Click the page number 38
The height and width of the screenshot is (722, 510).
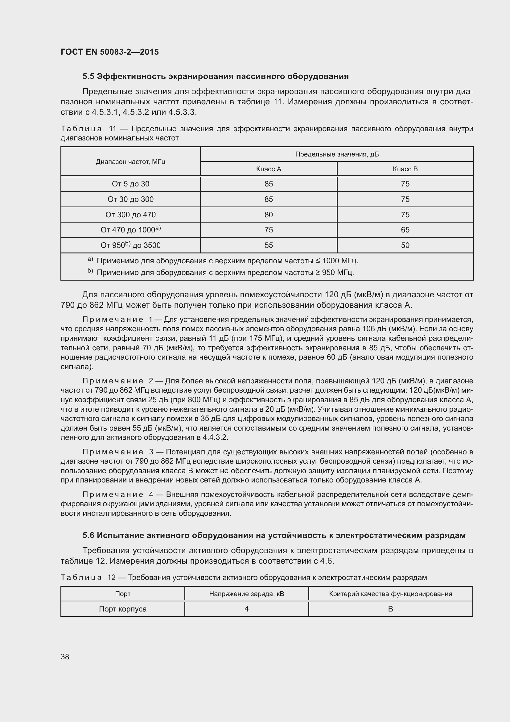click(65, 657)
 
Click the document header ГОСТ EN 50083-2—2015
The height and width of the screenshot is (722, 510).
click(109, 52)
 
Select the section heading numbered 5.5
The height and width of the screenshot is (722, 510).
click(216, 77)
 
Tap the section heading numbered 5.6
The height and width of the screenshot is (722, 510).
click(274, 535)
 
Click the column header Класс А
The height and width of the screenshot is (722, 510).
click(269, 169)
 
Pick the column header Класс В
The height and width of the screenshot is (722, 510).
click(405, 169)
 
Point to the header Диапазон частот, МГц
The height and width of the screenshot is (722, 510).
click(130, 162)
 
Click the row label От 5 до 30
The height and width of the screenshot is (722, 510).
click(130, 184)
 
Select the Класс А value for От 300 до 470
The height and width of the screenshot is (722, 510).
click(269, 215)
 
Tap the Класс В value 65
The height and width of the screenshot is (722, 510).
click(405, 230)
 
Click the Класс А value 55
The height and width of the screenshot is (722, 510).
click(269, 245)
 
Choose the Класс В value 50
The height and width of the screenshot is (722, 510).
click(405, 245)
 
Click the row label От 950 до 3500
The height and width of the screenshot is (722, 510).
click(130, 245)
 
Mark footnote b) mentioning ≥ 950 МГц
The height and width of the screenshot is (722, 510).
click(225, 272)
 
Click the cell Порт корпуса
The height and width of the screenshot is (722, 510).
click(123, 609)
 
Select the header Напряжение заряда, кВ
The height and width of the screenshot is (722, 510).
click(247, 594)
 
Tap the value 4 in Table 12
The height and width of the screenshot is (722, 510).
click(247, 609)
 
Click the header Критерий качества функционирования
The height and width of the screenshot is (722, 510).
click(390, 594)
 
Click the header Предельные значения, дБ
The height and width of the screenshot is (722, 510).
click(337, 154)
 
